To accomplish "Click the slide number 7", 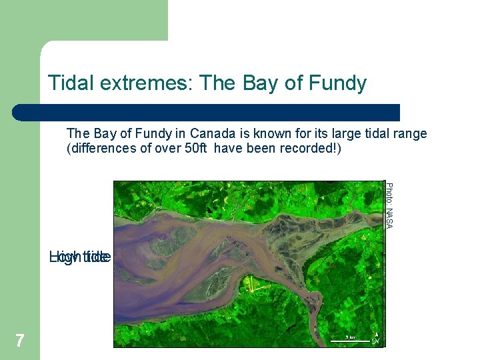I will (x=20, y=341).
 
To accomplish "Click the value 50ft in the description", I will (x=194, y=148).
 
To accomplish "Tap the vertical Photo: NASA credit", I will (x=390, y=205).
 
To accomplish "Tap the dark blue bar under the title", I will (x=207, y=112).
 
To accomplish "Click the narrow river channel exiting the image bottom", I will (x=313, y=337).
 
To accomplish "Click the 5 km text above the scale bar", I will (x=350, y=337).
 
